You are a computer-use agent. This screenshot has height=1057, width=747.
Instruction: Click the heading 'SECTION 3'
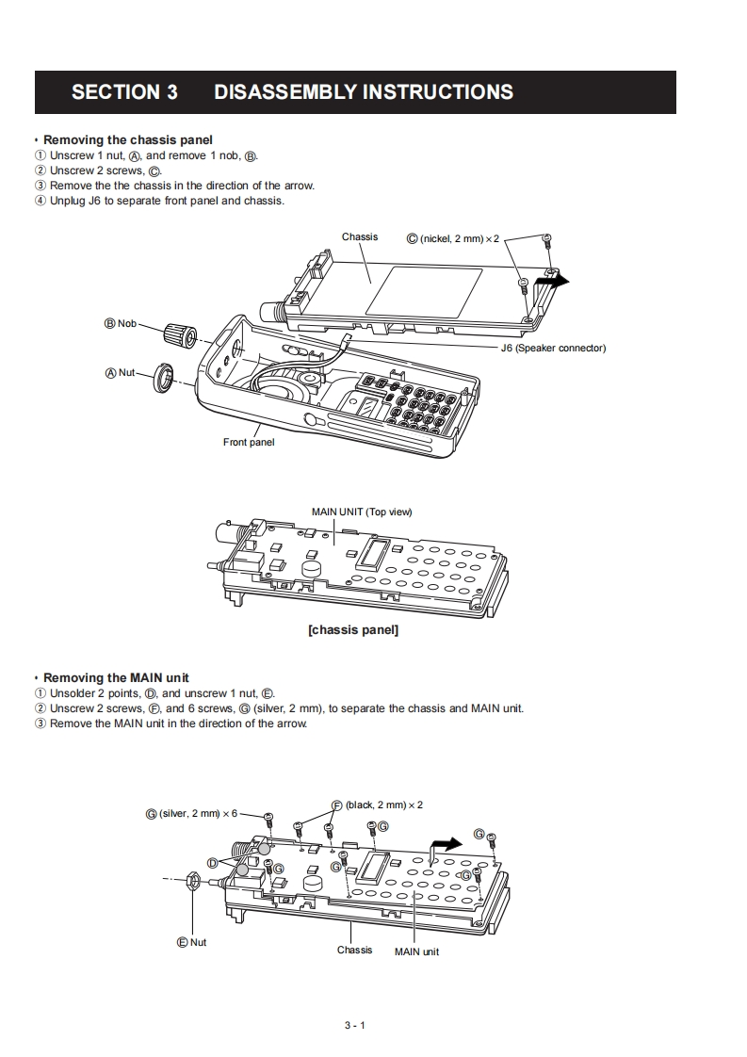[124, 92]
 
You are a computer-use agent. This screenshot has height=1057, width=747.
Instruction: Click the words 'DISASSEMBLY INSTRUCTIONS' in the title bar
[364, 92]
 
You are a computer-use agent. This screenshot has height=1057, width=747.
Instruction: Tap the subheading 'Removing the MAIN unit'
[116, 677]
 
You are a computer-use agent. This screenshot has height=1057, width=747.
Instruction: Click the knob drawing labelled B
[179, 333]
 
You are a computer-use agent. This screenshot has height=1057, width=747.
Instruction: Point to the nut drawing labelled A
[164, 378]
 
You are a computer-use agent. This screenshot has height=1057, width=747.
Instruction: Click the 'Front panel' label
[249, 442]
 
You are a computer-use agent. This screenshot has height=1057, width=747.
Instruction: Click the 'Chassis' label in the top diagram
[360, 237]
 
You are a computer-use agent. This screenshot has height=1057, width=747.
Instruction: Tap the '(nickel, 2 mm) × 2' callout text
[460, 239]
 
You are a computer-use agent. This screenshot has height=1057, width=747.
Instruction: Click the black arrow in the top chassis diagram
[555, 280]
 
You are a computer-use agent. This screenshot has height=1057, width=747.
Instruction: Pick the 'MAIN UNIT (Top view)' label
[362, 512]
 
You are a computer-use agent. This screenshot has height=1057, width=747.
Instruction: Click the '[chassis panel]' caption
[353, 629]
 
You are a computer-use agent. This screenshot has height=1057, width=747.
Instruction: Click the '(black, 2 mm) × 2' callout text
[384, 805]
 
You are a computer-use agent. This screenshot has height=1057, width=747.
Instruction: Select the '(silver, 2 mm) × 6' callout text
[199, 813]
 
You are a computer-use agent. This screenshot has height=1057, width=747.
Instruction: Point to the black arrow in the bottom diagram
[447, 844]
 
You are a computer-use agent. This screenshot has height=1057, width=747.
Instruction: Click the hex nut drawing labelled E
[189, 880]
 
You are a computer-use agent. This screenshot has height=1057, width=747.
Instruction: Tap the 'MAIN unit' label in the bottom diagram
[416, 951]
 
